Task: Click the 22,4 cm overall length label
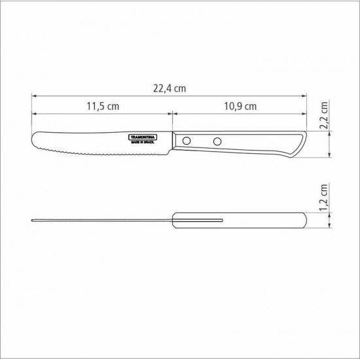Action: pos(170,88)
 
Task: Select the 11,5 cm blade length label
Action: pos(103,106)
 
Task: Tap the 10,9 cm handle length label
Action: pos(240,106)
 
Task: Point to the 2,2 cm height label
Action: pos(324,115)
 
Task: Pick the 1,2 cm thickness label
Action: pos(324,198)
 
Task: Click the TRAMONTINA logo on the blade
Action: pos(143,137)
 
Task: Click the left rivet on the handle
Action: pos(187,141)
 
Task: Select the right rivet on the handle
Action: pos(217,141)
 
